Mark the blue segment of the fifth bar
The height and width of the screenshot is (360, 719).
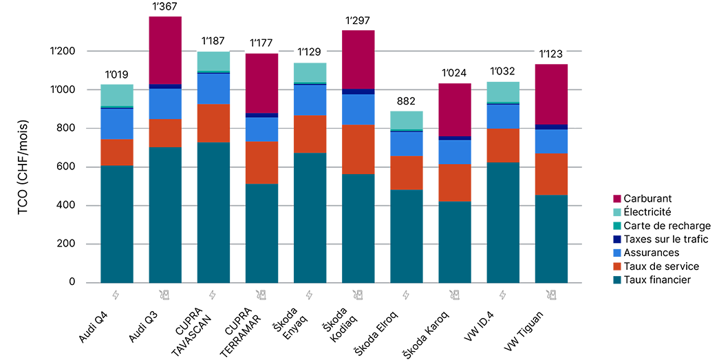pos(310,100)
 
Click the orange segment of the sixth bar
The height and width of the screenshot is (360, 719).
pos(358,149)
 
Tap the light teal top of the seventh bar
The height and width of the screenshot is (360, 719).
pos(407,118)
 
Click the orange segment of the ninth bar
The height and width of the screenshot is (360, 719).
pos(502,145)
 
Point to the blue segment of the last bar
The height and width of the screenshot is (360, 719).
pos(550,141)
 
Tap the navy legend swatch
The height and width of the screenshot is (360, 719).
pos(608,239)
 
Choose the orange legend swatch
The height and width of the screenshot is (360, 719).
pos(608,266)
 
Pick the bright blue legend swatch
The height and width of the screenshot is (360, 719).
pos(608,253)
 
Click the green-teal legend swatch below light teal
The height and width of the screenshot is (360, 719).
pos(608,225)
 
